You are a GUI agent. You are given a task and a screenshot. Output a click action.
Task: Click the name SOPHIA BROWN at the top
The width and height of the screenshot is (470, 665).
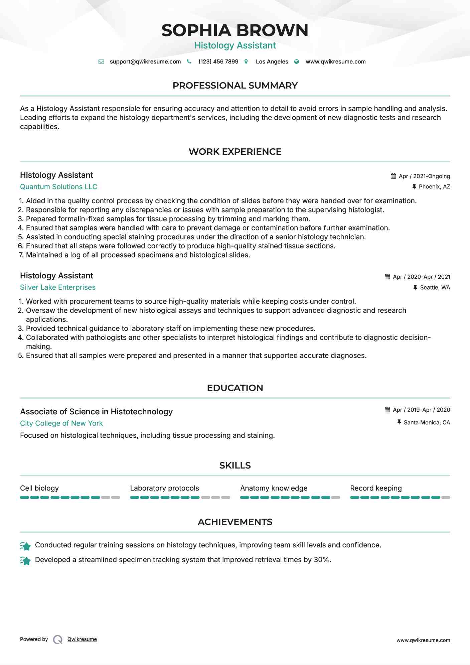[x=235, y=30]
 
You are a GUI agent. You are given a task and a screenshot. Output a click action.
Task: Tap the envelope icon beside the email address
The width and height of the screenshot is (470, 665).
[x=101, y=62]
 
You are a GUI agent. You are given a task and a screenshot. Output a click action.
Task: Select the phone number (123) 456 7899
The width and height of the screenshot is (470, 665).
[x=218, y=62]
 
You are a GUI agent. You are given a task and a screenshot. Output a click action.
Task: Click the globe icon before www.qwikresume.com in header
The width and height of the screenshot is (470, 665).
[x=297, y=62]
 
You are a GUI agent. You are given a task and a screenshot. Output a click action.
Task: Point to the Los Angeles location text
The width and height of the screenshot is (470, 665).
[x=272, y=62]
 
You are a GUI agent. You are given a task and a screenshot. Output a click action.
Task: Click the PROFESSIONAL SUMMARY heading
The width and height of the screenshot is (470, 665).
[x=235, y=86]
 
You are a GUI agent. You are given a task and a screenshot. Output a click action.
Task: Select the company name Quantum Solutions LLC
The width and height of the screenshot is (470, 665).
[x=59, y=187]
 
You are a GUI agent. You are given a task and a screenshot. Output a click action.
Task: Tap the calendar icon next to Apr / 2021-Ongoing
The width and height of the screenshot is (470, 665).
[x=394, y=176]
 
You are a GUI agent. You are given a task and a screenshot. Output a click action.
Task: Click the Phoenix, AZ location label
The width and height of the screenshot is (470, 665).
[x=434, y=187]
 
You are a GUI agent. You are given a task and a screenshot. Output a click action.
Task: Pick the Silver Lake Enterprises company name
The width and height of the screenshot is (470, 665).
[x=58, y=287]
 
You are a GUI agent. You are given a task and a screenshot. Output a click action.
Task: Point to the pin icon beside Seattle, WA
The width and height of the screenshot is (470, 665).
[x=415, y=287]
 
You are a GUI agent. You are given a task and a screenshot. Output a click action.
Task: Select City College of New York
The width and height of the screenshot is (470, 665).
[x=61, y=423]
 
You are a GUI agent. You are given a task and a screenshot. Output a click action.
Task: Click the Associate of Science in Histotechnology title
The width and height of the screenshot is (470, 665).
[x=96, y=412]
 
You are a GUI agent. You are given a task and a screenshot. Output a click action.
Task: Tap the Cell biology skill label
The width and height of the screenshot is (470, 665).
[x=39, y=488]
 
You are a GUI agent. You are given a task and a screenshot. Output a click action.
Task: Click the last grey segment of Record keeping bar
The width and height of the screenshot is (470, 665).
[x=446, y=498]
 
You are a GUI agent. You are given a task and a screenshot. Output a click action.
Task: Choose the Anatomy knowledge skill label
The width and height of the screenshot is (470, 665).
[x=274, y=488]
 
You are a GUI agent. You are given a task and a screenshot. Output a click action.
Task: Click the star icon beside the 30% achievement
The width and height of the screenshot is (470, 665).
[x=25, y=560]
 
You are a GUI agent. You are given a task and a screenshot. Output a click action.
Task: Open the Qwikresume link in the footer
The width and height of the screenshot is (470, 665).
[x=82, y=639]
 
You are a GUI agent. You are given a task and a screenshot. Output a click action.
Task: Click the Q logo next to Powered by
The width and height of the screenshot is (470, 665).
[x=58, y=640]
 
